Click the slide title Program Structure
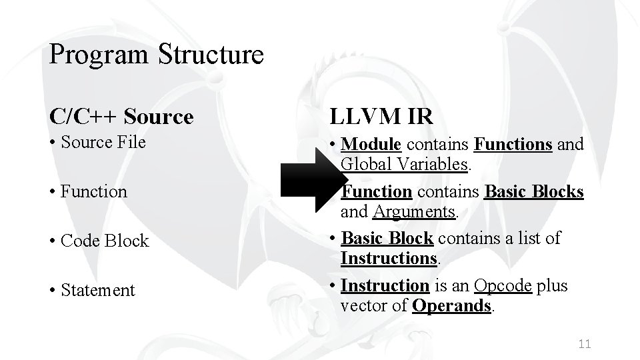(x=156, y=54)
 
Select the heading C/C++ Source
(x=121, y=117)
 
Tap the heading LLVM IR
(x=381, y=117)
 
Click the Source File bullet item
(x=103, y=142)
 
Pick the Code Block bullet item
(x=104, y=241)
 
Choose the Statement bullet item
(x=97, y=290)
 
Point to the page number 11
(x=585, y=343)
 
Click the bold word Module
(x=371, y=143)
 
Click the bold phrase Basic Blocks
(x=534, y=191)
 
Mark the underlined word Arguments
(x=414, y=211)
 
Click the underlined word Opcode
(x=503, y=285)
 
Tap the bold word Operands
(x=452, y=305)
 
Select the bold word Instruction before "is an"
(x=385, y=285)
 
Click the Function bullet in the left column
(x=93, y=191)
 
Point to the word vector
(x=361, y=305)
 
